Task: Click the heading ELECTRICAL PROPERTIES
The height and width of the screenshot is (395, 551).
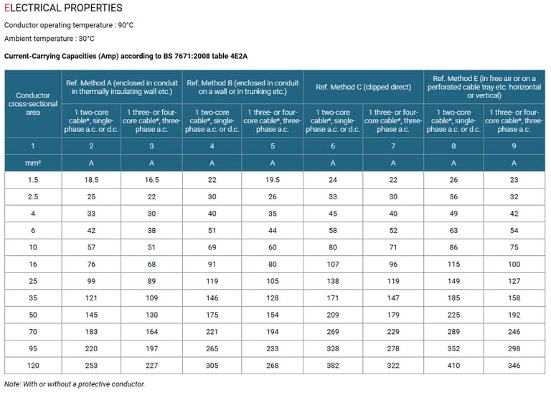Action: click(x=63, y=9)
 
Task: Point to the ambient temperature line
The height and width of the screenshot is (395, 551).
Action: click(x=49, y=39)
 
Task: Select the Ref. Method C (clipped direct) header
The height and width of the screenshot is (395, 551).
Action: click(x=363, y=87)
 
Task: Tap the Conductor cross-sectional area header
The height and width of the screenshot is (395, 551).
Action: click(x=33, y=103)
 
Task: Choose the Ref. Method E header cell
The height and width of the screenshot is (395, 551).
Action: click(x=484, y=87)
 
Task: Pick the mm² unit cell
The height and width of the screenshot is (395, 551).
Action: click(x=33, y=163)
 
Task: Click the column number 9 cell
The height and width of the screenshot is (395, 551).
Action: click(x=514, y=146)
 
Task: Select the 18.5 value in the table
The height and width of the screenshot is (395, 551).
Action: click(x=91, y=180)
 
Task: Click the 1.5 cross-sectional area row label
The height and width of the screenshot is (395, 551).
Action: click(x=33, y=180)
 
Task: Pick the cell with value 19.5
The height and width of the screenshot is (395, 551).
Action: click(x=272, y=180)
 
